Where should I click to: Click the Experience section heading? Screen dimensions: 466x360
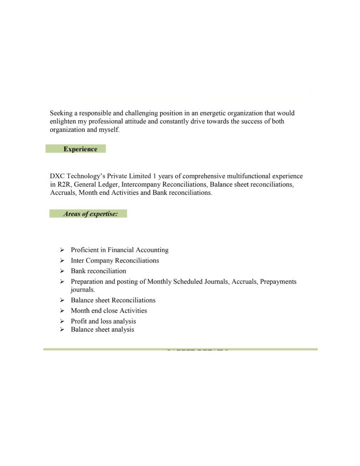(x=80, y=149)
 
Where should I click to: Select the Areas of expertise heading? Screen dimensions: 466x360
(x=91, y=214)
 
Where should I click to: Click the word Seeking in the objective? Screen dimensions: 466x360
(x=61, y=113)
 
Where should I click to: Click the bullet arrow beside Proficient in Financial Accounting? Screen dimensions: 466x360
(x=62, y=250)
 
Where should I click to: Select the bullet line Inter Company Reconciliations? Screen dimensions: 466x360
(x=115, y=261)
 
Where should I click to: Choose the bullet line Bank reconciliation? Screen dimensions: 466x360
(x=98, y=271)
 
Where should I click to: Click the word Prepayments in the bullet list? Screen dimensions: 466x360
(x=278, y=282)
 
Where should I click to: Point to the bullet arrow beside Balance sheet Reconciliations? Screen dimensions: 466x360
(x=62, y=300)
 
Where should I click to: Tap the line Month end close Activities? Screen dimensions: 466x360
(x=109, y=311)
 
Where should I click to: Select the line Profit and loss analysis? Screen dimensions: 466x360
(x=103, y=321)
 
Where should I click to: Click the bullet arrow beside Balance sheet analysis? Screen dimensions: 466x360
(x=62, y=329)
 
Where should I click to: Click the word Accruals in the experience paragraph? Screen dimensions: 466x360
(x=63, y=192)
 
